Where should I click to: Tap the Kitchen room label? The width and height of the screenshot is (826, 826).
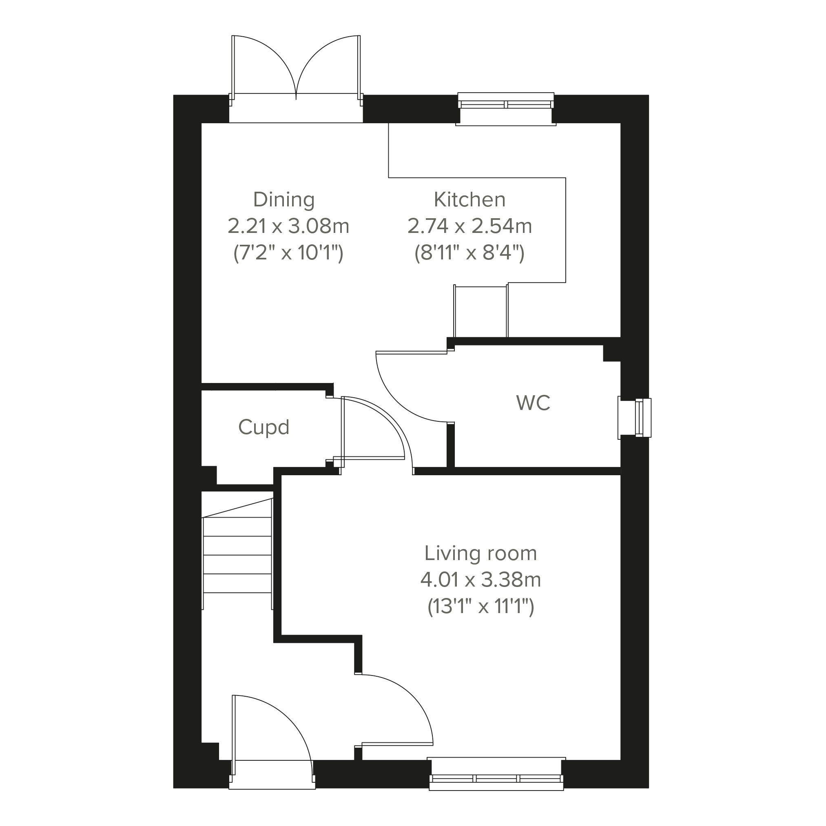[x=469, y=199]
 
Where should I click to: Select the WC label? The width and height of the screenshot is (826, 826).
[x=533, y=403]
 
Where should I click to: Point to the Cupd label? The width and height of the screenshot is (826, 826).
[x=264, y=427]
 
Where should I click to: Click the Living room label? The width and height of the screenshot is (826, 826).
[x=481, y=553]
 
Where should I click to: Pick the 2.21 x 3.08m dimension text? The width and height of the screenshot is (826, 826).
[x=288, y=226]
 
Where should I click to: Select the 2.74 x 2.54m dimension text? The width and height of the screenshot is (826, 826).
[x=469, y=226]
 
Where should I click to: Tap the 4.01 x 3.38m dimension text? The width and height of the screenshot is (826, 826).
[x=481, y=580]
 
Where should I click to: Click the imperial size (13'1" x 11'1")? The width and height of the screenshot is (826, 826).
[x=481, y=607]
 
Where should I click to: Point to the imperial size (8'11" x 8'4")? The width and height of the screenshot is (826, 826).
[x=469, y=253]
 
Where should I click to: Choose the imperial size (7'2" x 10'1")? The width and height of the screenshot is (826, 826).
[x=288, y=253]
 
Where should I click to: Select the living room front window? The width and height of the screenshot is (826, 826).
[x=496, y=779]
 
